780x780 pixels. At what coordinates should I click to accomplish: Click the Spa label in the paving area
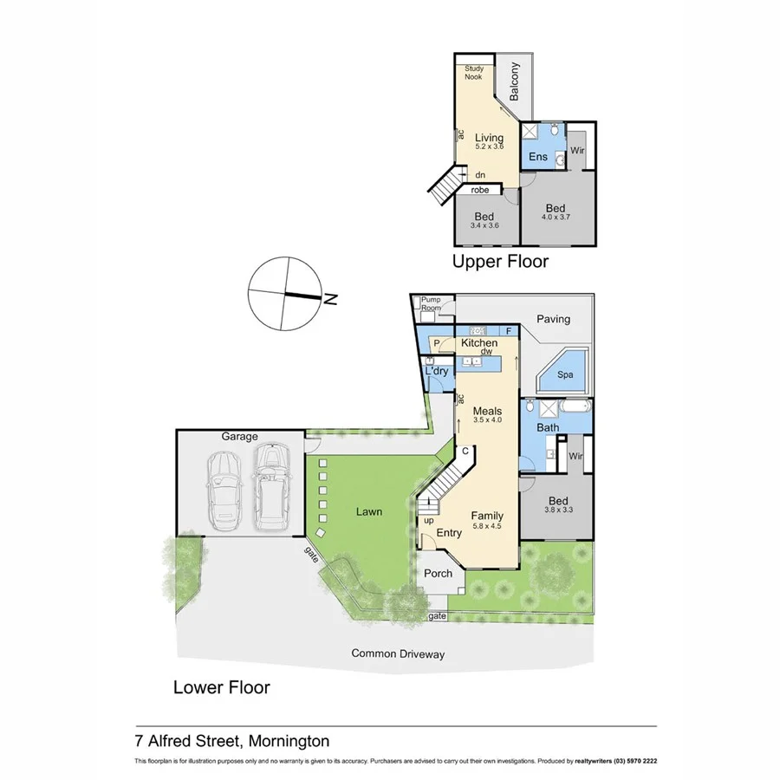point(565,376)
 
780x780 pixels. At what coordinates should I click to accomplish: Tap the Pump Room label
point(431,304)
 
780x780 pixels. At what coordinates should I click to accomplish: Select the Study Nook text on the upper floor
point(474,73)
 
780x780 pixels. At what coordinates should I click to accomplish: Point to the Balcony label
point(515,81)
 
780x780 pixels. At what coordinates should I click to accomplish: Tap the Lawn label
point(368,511)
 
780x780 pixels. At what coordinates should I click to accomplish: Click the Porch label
point(438,573)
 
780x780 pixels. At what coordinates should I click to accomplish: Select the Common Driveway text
point(398,653)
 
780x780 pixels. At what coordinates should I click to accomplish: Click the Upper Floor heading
point(501,262)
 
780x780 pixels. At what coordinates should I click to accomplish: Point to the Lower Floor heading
point(222,687)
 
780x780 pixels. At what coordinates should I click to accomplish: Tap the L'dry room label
point(437,371)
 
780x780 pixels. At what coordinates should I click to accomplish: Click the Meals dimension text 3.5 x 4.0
point(488,419)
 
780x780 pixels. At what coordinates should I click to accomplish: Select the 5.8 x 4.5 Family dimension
point(488,526)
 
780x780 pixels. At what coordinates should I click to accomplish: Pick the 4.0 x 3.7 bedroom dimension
point(556,219)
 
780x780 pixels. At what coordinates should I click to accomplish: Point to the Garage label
point(239,437)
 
